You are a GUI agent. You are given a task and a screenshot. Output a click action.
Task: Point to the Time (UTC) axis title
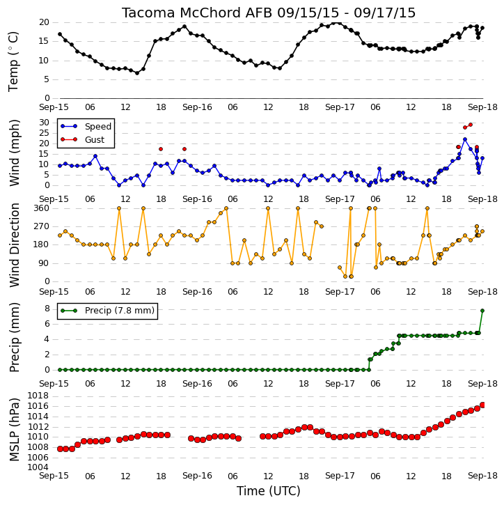(x=269, y=491)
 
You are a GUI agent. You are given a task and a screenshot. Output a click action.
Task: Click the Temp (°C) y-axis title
(x=13, y=61)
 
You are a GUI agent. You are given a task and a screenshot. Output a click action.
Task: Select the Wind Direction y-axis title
(x=14, y=244)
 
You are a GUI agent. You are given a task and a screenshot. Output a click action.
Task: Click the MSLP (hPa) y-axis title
(x=14, y=429)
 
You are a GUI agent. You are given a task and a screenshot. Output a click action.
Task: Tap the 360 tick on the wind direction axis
(x=42, y=208)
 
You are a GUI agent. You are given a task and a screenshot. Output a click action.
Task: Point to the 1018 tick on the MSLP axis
(x=38, y=396)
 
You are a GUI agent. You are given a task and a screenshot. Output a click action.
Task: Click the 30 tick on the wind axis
(x=44, y=123)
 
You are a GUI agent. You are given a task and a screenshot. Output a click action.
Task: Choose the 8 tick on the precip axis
(x=47, y=309)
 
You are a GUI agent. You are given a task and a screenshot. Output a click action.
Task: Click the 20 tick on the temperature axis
(x=44, y=22)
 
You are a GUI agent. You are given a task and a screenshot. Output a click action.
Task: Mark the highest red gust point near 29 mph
(x=471, y=125)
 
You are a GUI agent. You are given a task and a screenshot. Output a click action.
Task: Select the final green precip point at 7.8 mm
(x=482, y=311)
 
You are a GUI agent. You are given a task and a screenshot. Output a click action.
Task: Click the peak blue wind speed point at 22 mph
(x=465, y=139)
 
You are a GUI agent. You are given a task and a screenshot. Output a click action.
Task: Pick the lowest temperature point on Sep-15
(x=137, y=73)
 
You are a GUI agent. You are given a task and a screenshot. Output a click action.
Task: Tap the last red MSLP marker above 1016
(x=482, y=405)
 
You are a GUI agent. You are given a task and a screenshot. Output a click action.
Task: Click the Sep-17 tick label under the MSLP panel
(x=340, y=476)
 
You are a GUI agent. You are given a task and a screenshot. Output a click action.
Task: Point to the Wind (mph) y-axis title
(x=14, y=153)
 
